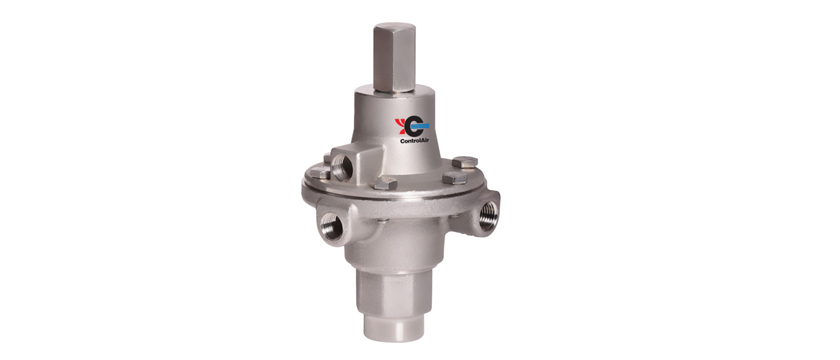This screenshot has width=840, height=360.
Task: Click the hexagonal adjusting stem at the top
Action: pos(394,57)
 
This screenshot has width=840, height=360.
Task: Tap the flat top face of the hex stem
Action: pos(394,27)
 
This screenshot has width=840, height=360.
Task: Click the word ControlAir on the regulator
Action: pos(414,141)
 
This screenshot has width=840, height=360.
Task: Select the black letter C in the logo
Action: pos(413,127)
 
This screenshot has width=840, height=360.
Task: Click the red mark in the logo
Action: pos(400,126)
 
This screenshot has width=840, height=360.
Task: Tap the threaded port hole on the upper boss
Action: pos(342,168)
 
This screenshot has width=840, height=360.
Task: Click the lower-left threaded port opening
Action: pos(331,226)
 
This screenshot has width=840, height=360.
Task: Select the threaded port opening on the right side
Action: pos(488,215)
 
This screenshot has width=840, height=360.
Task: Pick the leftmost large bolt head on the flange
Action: pos(319,172)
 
